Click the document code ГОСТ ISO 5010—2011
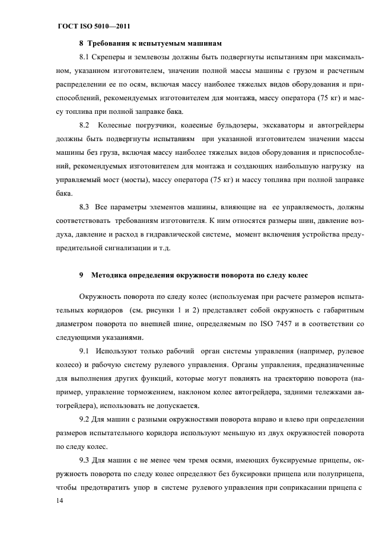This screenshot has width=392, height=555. [x=94, y=27]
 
